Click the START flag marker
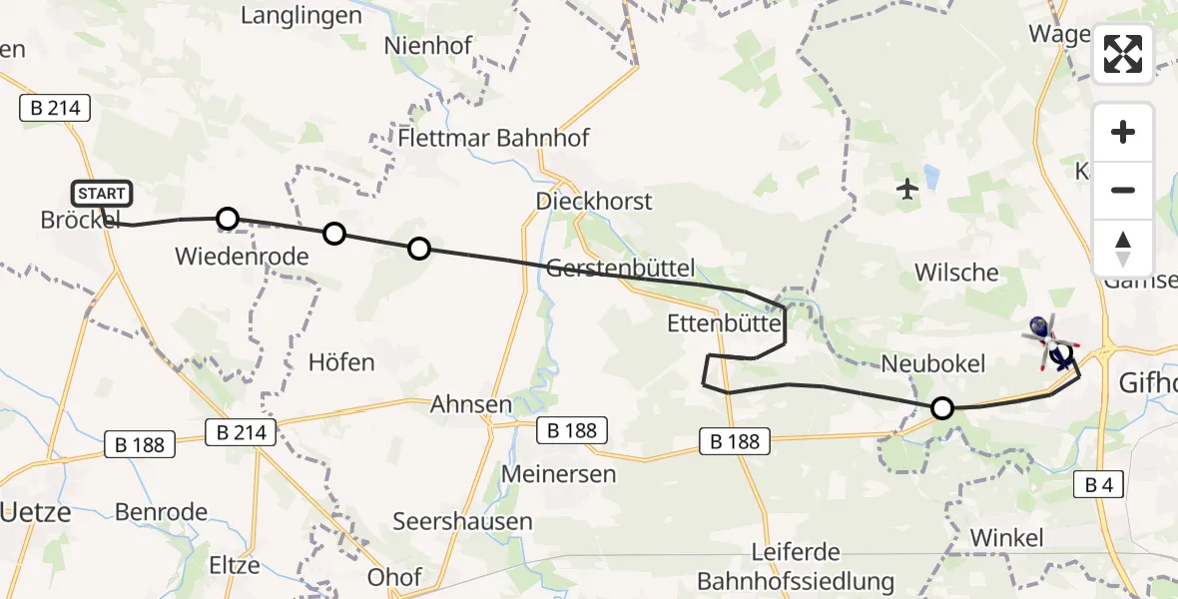101,194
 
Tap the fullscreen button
1123,54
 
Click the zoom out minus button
1123,190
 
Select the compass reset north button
1123,249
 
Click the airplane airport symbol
907,187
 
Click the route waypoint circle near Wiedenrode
228,219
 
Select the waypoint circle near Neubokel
941,407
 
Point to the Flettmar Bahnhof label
493,138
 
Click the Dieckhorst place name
594,201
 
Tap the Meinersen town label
560,473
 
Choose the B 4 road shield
1098,485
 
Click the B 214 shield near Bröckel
55,108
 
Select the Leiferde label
797,552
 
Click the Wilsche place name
955,273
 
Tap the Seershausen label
462,521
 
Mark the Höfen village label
341,361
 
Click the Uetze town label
35,513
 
